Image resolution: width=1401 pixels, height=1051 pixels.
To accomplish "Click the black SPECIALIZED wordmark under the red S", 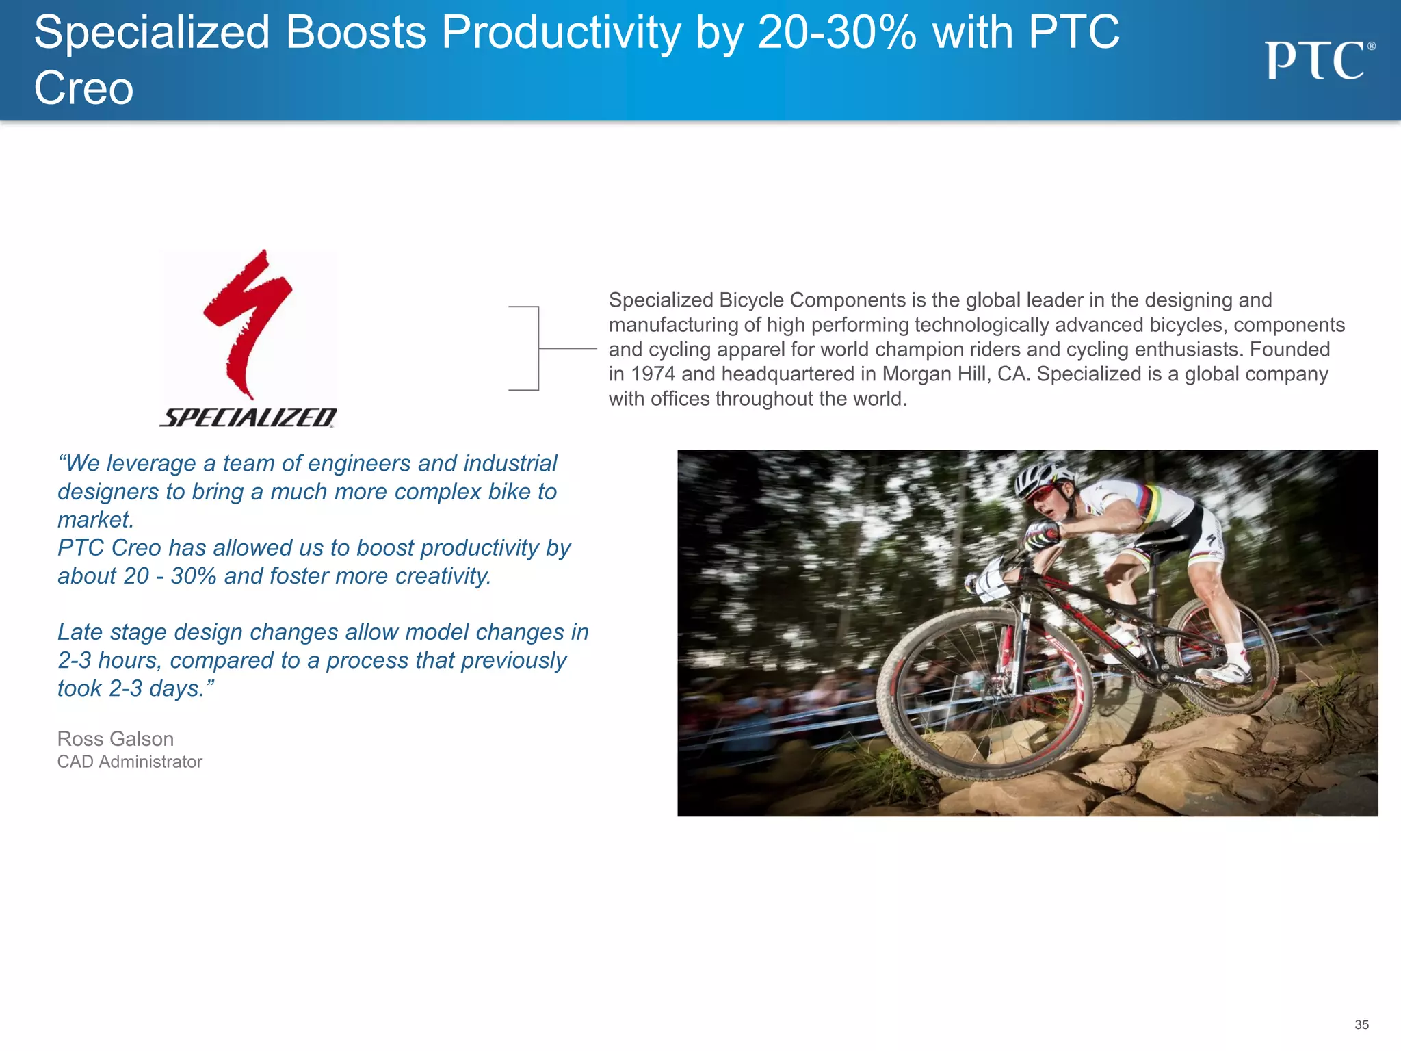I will pyautogui.click(x=248, y=417).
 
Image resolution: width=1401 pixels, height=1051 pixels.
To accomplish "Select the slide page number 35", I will pyautogui.click(x=1361, y=1024).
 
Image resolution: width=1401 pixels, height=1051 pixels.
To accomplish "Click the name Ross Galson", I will pyautogui.click(x=116, y=739).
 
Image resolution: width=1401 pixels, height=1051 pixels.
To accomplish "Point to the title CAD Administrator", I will pyautogui.click(x=130, y=762).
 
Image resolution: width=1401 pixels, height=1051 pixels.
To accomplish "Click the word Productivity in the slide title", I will pyautogui.click(x=561, y=32).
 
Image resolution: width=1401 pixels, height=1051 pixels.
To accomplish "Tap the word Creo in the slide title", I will pyautogui.click(x=83, y=88).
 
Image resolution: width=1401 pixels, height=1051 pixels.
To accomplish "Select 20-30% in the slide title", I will pyautogui.click(x=837, y=32).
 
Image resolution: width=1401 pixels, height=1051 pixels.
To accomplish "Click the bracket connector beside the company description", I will pyautogui.click(x=538, y=348).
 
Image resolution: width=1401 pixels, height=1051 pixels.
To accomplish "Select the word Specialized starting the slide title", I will pyautogui.click(x=152, y=32).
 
